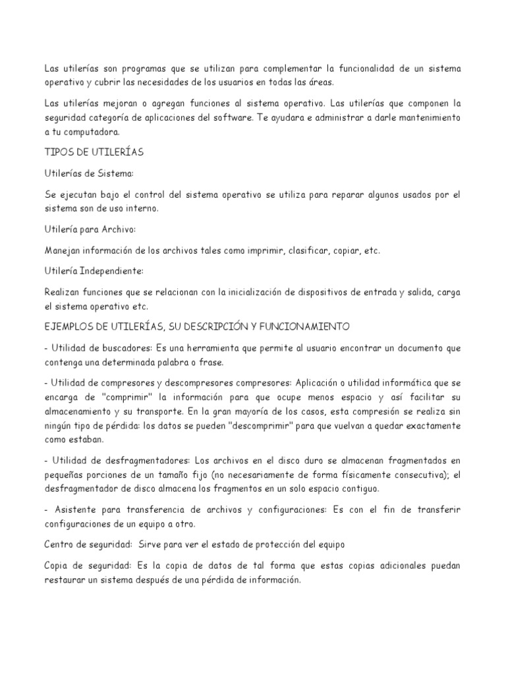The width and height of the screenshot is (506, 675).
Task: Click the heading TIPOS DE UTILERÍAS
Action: (94, 152)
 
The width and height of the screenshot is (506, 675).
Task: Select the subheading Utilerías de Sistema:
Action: (89, 173)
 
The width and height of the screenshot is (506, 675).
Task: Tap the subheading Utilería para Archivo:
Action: (90, 229)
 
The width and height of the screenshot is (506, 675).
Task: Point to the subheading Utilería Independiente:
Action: (94, 271)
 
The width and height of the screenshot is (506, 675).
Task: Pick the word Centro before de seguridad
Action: (61, 544)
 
